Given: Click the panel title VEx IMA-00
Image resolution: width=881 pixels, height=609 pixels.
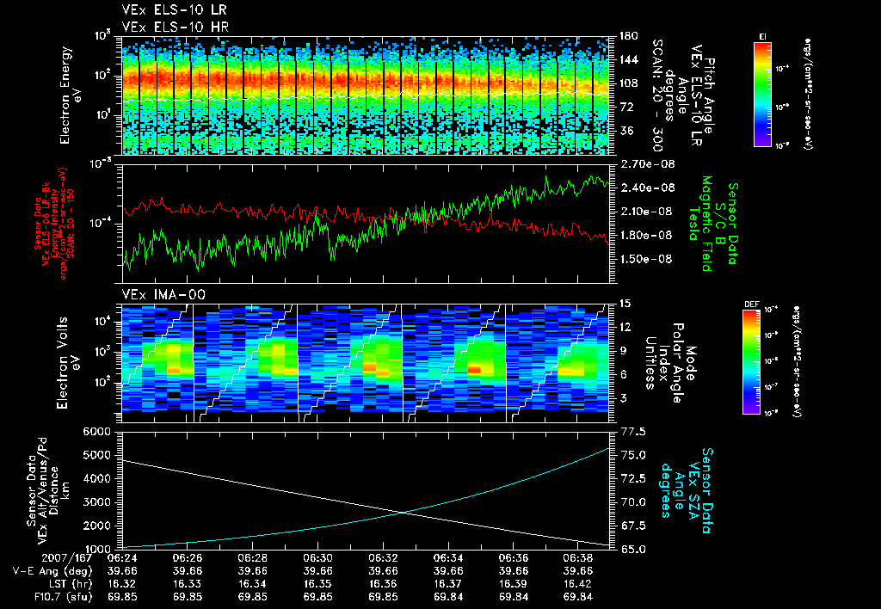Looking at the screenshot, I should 153,294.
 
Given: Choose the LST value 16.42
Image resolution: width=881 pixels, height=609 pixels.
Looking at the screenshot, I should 578,582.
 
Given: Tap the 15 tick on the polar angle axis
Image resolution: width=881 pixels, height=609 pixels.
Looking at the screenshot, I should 625,303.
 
